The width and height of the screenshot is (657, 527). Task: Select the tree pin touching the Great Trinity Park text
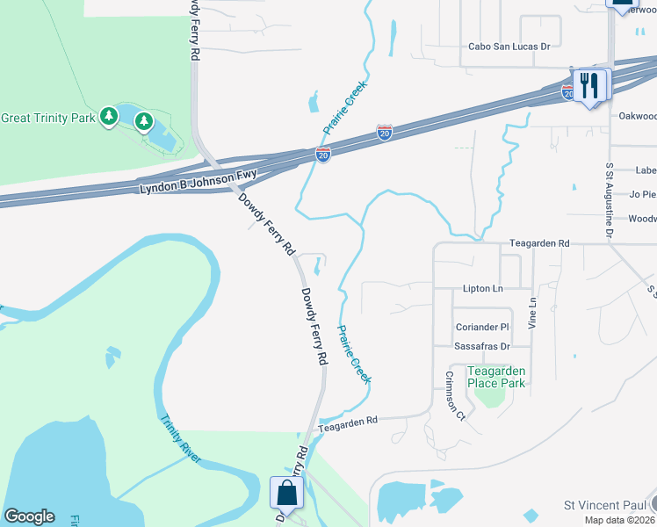point(109,116)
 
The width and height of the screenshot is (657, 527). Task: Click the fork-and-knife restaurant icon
point(591,86)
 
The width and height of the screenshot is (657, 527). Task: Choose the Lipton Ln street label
point(482,288)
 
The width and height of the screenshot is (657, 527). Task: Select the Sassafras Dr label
point(482,346)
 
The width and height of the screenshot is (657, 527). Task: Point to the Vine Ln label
point(532,313)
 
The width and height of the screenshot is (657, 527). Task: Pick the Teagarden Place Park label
point(495,377)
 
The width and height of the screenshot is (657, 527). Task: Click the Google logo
point(29,516)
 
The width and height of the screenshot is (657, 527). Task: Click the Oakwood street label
point(637,115)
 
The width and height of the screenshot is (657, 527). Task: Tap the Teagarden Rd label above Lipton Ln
point(540,242)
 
